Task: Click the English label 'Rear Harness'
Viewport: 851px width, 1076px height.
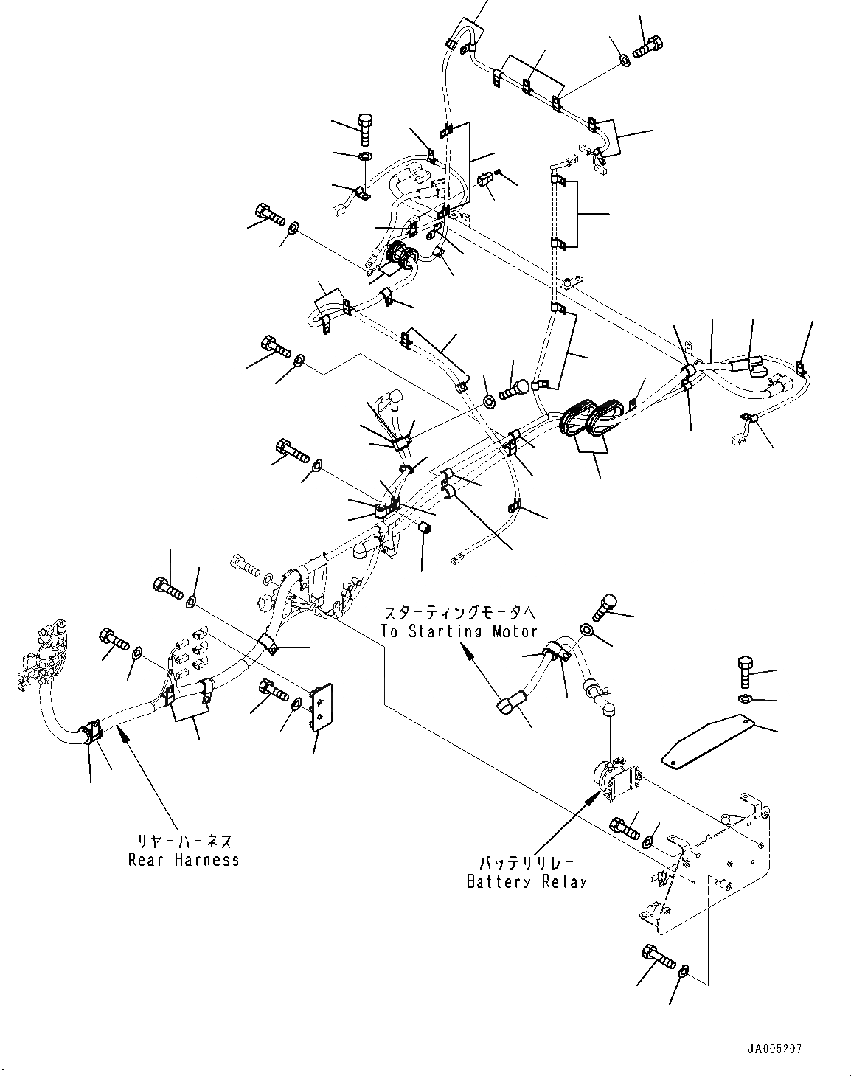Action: (184, 860)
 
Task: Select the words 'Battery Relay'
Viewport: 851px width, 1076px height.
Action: (527, 881)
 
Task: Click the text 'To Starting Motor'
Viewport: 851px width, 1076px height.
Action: (459, 631)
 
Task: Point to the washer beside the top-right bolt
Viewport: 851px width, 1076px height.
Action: (623, 57)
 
